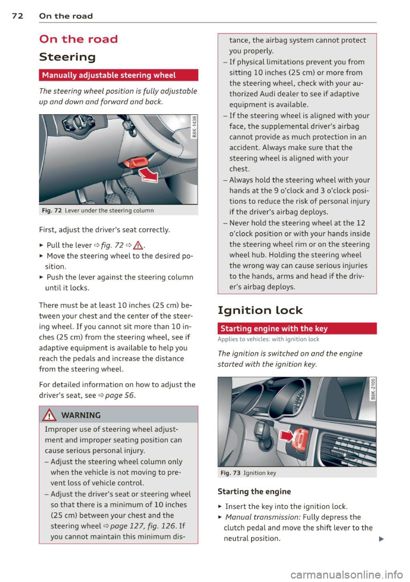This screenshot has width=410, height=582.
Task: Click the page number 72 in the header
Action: (x=17, y=16)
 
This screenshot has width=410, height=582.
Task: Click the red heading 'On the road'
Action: (x=78, y=39)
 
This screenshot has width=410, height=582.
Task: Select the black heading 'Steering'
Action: (x=67, y=57)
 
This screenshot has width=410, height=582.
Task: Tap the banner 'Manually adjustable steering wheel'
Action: (x=109, y=75)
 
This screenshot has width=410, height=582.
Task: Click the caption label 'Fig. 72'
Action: (x=52, y=211)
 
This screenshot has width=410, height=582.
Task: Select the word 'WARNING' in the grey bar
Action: (x=81, y=415)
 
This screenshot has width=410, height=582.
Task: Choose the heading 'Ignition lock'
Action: (x=260, y=310)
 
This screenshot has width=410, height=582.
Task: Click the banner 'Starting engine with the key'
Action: (x=274, y=329)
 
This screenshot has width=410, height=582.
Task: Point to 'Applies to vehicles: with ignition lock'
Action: (x=268, y=340)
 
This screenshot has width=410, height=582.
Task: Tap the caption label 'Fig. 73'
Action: (x=231, y=473)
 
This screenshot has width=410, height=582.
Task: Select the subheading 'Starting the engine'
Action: (x=254, y=492)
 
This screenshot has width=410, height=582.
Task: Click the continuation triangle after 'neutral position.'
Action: (x=381, y=539)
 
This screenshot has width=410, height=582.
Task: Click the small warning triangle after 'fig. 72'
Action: (x=139, y=245)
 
